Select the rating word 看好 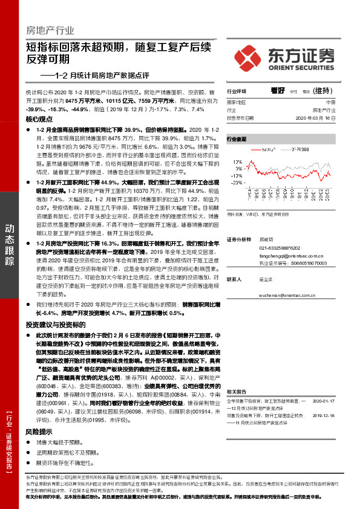[278, 91]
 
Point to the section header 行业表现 [237, 138]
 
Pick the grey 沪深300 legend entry [303, 148]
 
